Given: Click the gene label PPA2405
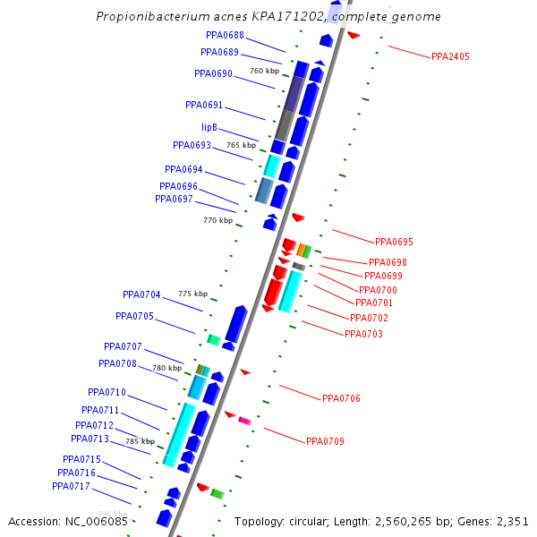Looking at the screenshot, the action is [450, 56].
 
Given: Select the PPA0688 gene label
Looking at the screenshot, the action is [225, 35].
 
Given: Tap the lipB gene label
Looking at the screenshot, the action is [209, 127].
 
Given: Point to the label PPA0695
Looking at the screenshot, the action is [394, 242].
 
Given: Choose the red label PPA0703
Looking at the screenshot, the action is [363, 334].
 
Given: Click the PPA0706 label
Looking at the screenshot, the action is [341, 398].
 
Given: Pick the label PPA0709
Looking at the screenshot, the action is [325, 441].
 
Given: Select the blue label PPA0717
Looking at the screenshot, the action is [71, 486].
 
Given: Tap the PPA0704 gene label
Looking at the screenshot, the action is [141, 294].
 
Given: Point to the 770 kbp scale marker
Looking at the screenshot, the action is [217, 220].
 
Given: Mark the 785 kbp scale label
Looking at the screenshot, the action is [140, 441].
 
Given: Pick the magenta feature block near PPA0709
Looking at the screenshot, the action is [244, 420].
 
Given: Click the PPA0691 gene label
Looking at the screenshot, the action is [204, 105].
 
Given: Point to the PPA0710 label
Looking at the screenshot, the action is [107, 392].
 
